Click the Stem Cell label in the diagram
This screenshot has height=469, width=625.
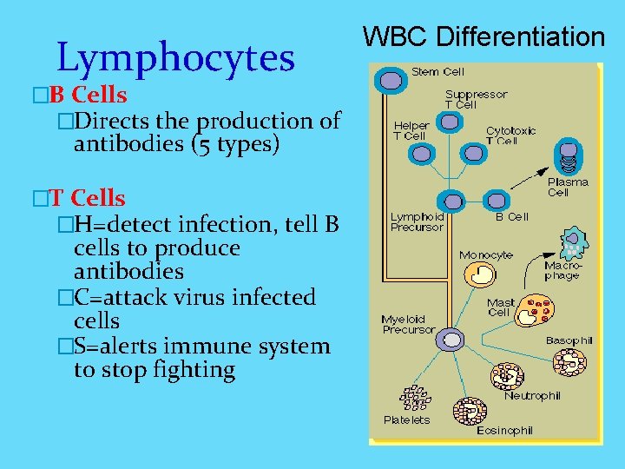(x=437, y=71)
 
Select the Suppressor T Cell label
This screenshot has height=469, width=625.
(x=476, y=99)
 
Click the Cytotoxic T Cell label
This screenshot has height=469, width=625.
(x=510, y=135)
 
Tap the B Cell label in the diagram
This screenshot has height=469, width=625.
(x=511, y=216)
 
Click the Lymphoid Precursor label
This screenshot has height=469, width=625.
(x=417, y=221)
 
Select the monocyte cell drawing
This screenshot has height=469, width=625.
(x=480, y=275)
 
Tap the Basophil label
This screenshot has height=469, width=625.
(x=569, y=340)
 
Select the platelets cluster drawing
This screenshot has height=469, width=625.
(x=416, y=398)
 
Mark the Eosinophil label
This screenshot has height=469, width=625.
(x=504, y=430)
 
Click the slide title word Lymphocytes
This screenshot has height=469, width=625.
(x=175, y=57)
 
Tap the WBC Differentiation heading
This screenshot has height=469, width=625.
(x=484, y=36)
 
